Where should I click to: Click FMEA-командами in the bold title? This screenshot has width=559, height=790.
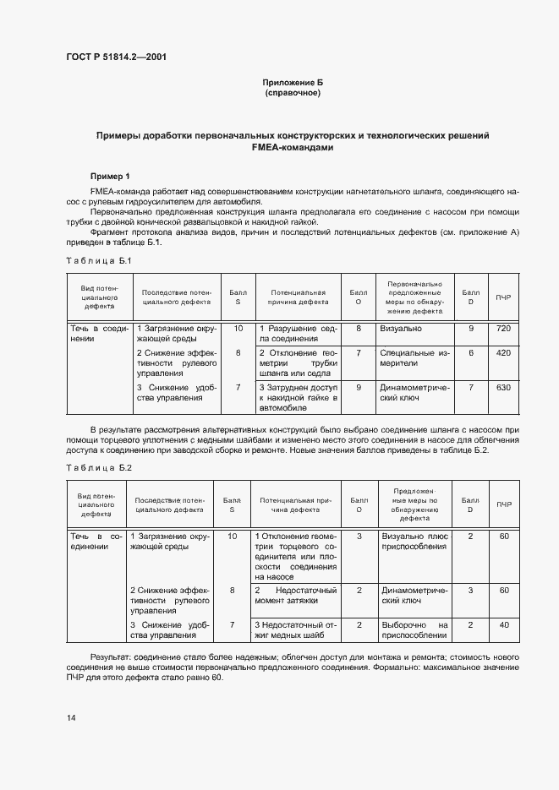coord(293,147)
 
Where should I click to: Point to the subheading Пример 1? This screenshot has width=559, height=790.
coord(110,176)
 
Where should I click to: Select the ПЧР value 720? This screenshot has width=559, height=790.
coord(503,328)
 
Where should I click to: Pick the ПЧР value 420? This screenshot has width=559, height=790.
coord(503,352)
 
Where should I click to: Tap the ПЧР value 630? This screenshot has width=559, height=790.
coord(503,388)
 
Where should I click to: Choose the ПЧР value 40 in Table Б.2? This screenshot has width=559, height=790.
coord(503,624)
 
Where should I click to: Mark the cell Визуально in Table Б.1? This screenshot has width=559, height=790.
coord(401,328)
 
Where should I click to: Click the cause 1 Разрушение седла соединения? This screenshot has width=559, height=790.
coord(299,333)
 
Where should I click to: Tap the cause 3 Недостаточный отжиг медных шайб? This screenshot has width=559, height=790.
coord(299,629)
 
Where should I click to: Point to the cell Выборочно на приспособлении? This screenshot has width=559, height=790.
coord(414,629)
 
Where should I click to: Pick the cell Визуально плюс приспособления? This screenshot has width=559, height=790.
coord(414,541)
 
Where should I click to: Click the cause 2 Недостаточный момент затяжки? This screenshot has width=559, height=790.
coord(299,595)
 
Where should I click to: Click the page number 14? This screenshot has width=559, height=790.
coord(71,717)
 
